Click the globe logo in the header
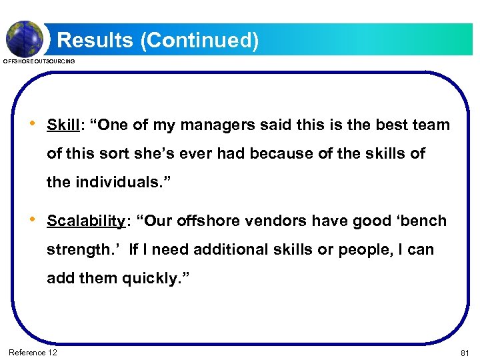25,38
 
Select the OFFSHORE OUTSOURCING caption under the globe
39,61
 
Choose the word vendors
286,221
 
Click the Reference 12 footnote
33,352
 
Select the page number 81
465,353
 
